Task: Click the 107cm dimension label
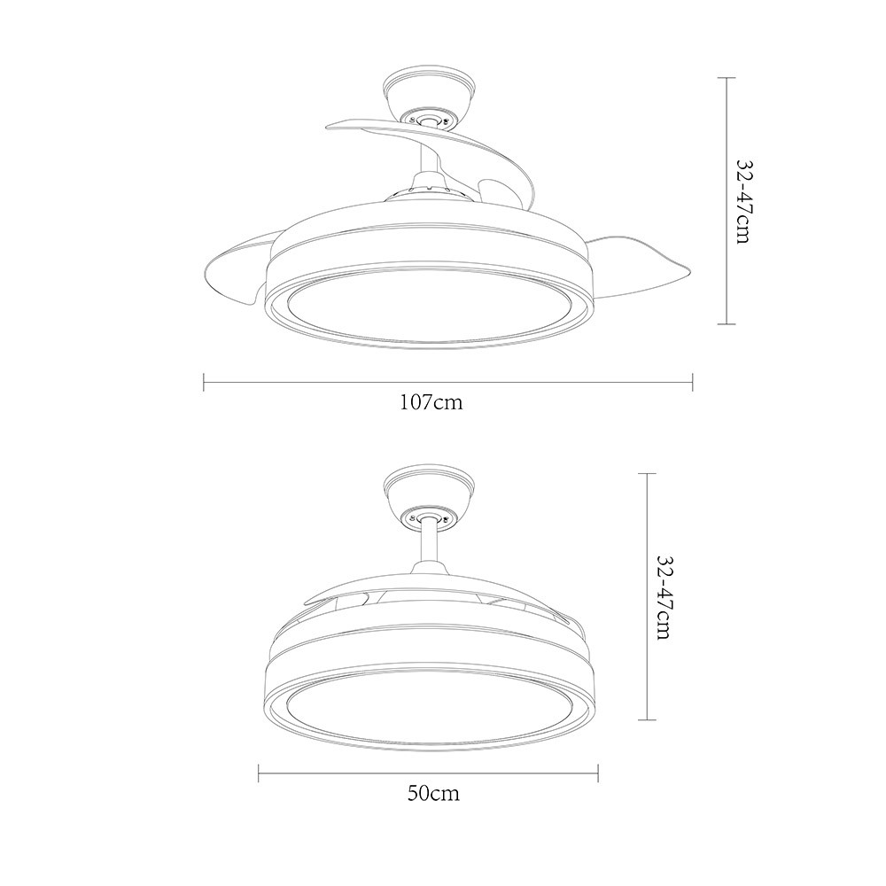point(431,402)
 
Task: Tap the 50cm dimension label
point(433,793)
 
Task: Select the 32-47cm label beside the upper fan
point(745,201)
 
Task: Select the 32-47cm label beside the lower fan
point(664,596)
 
